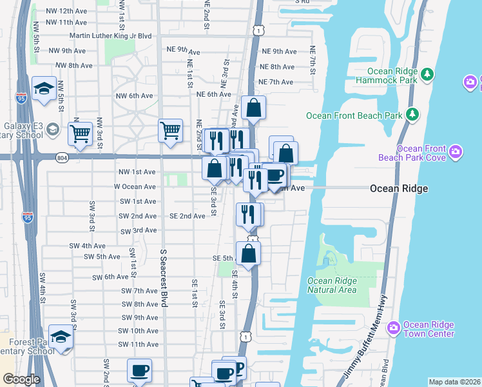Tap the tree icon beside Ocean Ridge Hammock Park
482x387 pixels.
coord(427,76)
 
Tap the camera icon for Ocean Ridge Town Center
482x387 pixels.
coord(393,329)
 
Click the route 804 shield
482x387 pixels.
coord(61,157)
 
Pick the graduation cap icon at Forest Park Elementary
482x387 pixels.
coord(61,337)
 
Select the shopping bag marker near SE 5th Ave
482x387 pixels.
coord(249,253)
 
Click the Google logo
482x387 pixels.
coord(21,379)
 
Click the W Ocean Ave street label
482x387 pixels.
coord(135,186)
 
